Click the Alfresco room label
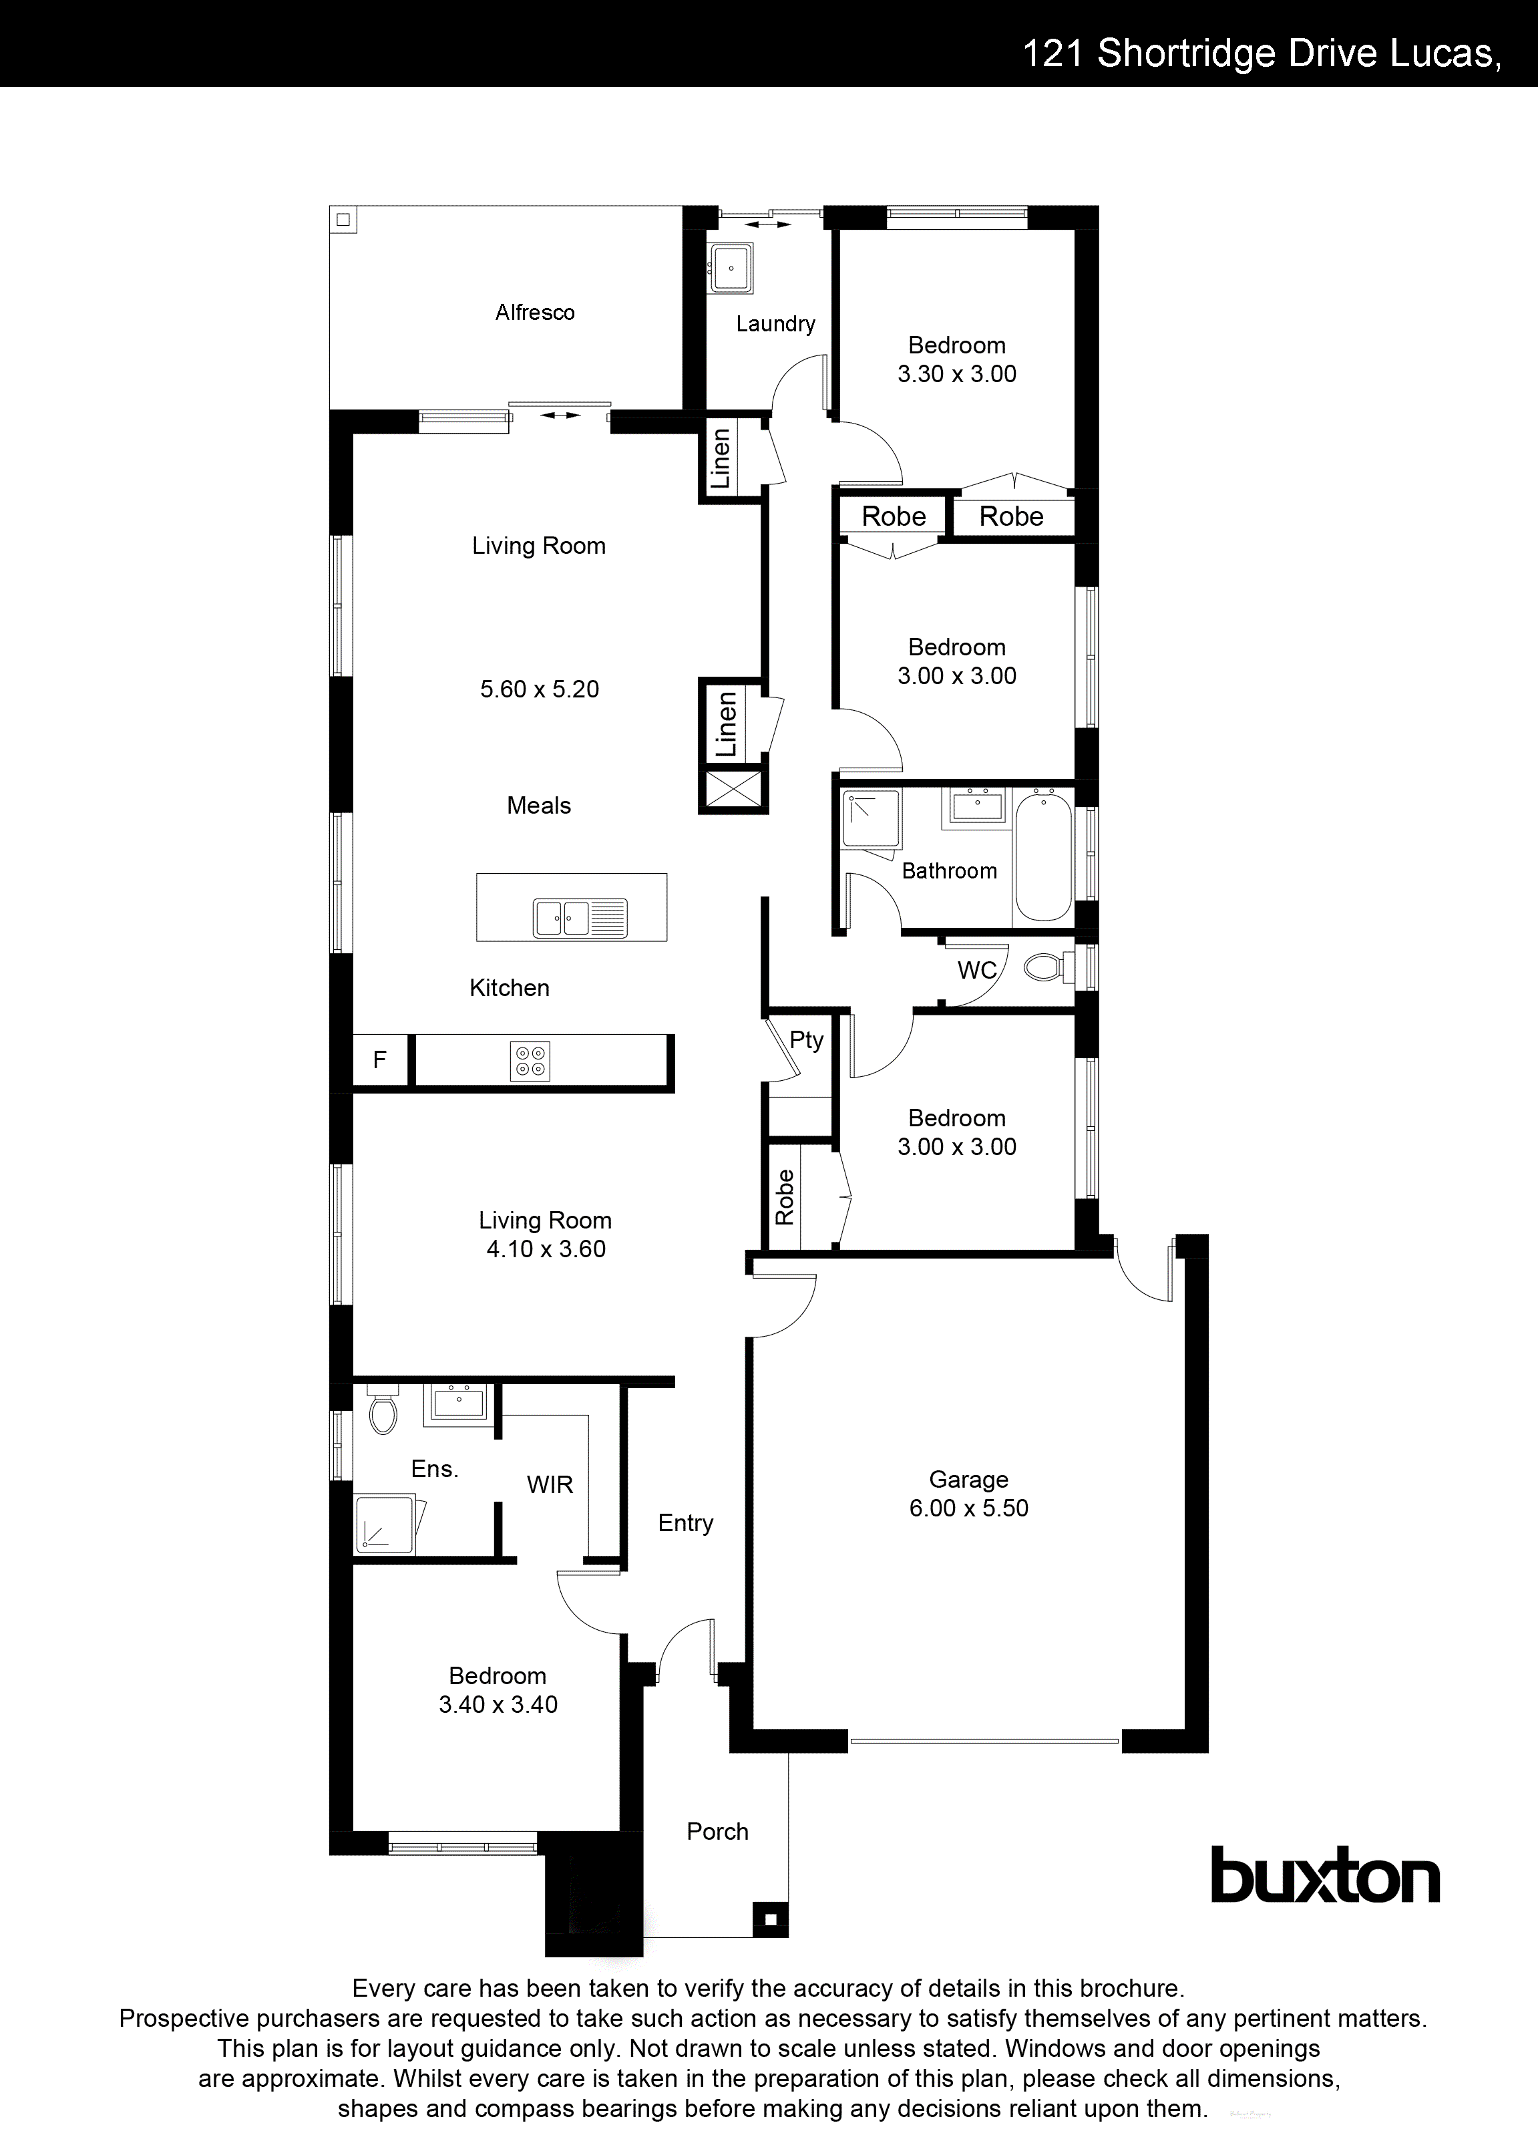click(534, 312)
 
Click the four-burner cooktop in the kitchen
click(530, 1061)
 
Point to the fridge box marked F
click(379, 1060)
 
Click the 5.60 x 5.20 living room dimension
click(540, 689)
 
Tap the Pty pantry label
click(806, 1039)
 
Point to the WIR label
click(550, 1484)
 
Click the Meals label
click(538, 805)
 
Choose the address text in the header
click(1261, 53)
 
